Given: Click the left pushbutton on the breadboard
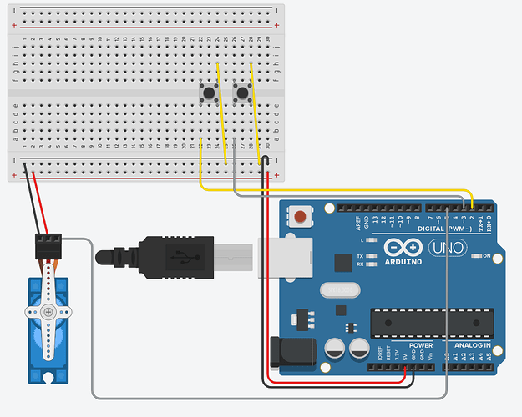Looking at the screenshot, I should pyautogui.click(x=210, y=93).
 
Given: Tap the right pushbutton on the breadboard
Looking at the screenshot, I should pyautogui.click(x=244, y=93).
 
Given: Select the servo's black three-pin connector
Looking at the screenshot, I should pyautogui.click(x=50, y=244).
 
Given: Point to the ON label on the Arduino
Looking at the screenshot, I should pyautogui.click(x=486, y=256).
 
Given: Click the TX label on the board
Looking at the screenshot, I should pyautogui.click(x=359, y=256).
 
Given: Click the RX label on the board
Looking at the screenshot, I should pyautogui.click(x=359, y=264).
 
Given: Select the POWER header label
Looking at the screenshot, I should pyautogui.click(x=421, y=345).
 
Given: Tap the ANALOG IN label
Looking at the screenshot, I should pyautogui.click(x=472, y=345).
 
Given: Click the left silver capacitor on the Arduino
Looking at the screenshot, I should pyautogui.click(x=337, y=347).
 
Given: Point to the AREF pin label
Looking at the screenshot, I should pyautogui.click(x=357, y=221).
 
